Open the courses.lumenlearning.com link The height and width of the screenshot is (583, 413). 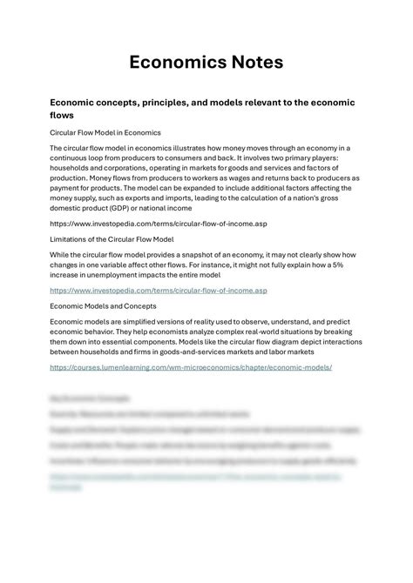tap(191, 367)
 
